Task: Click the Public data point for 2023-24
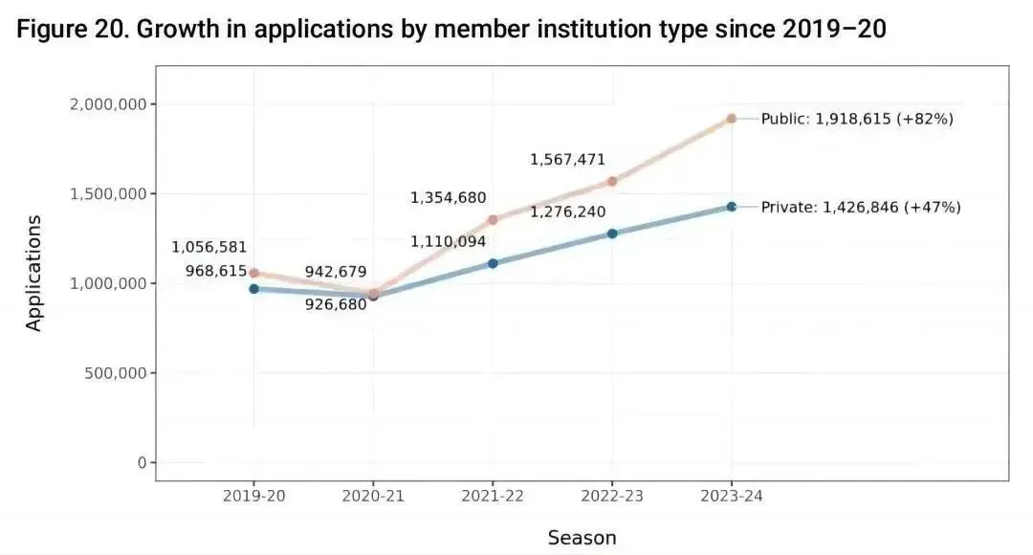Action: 732,119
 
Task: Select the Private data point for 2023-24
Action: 732,207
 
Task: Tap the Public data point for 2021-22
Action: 493,219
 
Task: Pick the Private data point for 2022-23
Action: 612,233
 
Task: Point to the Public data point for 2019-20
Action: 253,273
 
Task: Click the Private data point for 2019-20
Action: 253,289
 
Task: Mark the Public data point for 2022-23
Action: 612,181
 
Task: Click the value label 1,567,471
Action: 567,160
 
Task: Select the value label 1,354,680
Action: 448,198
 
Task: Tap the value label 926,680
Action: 335,305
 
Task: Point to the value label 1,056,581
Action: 209,247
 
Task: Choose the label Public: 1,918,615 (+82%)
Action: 857,120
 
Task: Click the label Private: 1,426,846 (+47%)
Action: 861,207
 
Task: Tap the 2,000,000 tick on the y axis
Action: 107,104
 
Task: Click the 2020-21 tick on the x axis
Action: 373,496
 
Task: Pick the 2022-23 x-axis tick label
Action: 612,496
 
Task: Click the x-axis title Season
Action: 582,538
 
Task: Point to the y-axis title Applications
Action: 34,273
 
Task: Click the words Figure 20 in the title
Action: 68,30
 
